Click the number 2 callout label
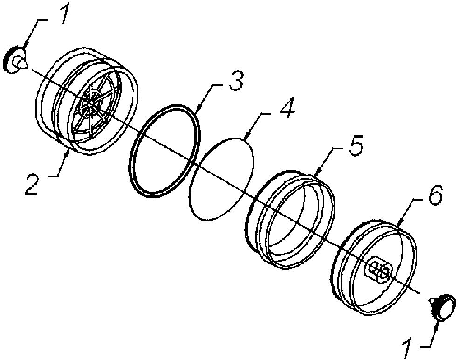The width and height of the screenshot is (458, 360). (x=31, y=185)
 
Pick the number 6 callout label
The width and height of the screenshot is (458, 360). (x=435, y=194)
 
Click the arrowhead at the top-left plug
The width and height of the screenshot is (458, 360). (x=25, y=44)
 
